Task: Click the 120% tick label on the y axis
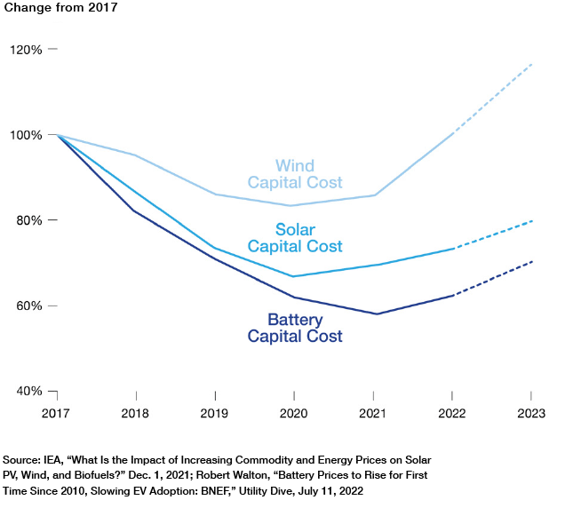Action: (x=26, y=50)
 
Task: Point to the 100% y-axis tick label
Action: (x=26, y=135)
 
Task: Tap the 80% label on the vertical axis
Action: (x=28, y=220)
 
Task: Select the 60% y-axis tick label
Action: (x=28, y=306)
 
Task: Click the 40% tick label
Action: (x=28, y=391)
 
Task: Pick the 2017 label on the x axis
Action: (x=57, y=413)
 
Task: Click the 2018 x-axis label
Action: (x=136, y=413)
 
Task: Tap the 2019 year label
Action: (x=215, y=413)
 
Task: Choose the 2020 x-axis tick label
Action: (x=294, y=413)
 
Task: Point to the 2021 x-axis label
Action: (x=373, y=413)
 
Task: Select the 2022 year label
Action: (x=452, y=413)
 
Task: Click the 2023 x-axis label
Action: (x=531, y=413)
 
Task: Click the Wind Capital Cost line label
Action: (x=295, y=174)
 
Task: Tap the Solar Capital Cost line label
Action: (x=295, y=238)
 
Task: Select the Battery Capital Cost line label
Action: (x=295, y=328)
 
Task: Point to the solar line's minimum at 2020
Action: (x=294, y=276)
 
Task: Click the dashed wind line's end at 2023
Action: (x=531, y=64)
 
